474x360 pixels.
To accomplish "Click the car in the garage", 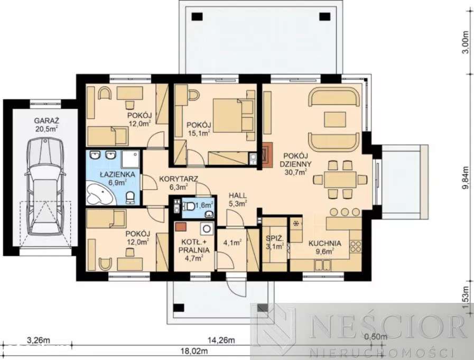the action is pos(45,186).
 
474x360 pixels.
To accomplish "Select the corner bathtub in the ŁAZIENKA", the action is pos(99,193).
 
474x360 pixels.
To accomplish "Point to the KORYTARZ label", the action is pos(179,179).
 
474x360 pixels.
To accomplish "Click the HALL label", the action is pos(237,196).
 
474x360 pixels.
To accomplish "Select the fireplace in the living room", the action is pos(267,154).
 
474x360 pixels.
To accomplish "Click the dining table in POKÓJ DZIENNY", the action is pos(340,180).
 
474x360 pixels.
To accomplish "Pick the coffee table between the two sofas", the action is pos(335,119).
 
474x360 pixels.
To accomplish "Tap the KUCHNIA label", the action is pos(325,243).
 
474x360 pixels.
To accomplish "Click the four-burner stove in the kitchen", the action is pos(356,246).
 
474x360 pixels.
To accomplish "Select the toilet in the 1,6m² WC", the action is pos(189,206).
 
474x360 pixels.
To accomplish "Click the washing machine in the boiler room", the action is pos(207,228).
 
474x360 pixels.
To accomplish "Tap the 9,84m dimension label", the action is pos(467,178).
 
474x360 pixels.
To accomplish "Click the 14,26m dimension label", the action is pos(221,340).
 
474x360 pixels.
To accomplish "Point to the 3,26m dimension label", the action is pos(39,340).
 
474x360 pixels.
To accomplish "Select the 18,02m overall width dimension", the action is pos(194,351).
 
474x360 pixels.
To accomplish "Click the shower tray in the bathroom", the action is pos(131,159).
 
